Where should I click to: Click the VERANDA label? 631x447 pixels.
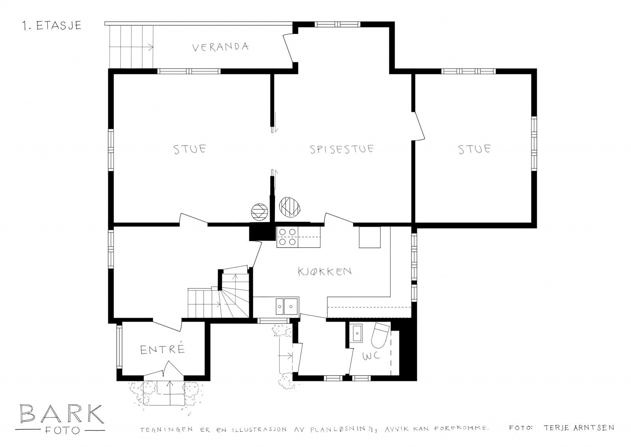pos(220,47)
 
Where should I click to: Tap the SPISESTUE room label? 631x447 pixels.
pos(342,149)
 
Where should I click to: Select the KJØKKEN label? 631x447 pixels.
pos(325,271)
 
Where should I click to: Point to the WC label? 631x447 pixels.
pos(371,356)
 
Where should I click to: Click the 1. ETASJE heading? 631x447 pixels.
pos(52,26)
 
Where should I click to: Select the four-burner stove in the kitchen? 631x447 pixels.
pos(287,237)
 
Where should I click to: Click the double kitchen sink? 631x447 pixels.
pos(286,307)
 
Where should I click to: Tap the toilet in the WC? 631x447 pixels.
pos(380,336)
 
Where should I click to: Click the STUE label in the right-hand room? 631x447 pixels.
pos(474,149)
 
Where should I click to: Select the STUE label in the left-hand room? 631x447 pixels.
pos(190,149)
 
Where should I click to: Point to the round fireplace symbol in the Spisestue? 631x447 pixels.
pos(289,207)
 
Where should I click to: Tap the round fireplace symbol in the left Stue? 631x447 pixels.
pos(259,212)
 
